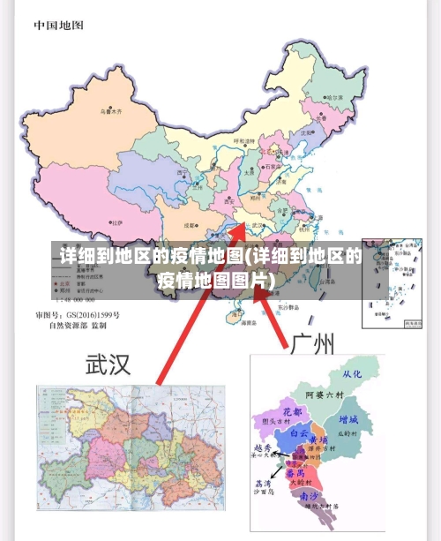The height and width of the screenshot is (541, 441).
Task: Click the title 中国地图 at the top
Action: coord(59,25)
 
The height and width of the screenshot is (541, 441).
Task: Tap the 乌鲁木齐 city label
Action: coord(111,113)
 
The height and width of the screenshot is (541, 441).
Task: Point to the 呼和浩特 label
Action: coord(243,141)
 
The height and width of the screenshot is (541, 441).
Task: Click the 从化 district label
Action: coord(352,373)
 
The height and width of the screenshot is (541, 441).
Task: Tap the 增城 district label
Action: coord(348,419)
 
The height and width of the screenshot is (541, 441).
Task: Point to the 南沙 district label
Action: coord(310,497)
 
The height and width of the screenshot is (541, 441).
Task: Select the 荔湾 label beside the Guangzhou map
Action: coord(262,484)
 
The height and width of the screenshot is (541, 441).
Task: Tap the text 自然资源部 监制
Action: coord(77,326)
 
